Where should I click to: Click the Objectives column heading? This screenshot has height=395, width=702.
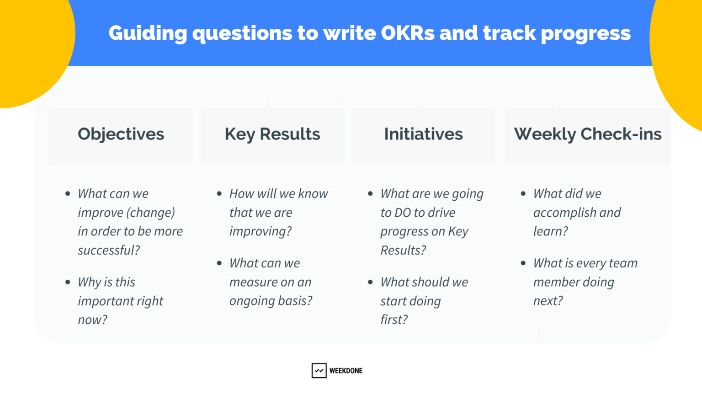[x=121, y=134]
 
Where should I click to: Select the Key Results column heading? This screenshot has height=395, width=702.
[x=272, y=134]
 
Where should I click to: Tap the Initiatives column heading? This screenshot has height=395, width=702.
[x=423, y=134]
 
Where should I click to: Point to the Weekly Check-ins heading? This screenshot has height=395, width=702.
[x=588, y=134]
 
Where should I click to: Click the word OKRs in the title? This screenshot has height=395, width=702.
[x=407, y=33]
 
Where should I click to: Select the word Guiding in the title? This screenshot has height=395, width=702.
[x=148, y=33]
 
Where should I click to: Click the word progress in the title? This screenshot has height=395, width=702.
[x=585, y=33]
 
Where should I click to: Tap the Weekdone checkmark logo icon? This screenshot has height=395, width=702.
[x=319, y=371]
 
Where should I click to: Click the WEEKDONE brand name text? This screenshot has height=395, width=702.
[x=346, y=371]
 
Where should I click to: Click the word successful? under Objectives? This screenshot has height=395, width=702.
[x=109, y=251]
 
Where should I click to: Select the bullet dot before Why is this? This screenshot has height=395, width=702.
[x=68, y=282]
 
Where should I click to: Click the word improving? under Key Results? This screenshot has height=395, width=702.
[x=261, y=232]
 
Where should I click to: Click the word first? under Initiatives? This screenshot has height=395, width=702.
[x=394, y=320]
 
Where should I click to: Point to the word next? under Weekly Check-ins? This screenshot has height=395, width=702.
[x=548, y=301]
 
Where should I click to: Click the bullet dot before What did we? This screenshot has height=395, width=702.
[x=523, y=194]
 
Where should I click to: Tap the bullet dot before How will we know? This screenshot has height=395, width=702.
[x=219, y=194]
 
